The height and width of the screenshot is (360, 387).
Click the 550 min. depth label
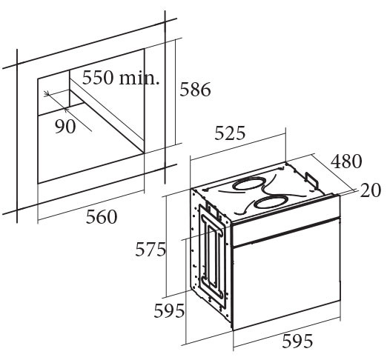[121, 78]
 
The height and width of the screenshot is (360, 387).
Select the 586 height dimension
[195, 89]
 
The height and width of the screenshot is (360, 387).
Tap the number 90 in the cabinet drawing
[65, 127]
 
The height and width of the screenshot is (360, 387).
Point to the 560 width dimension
[102, 217]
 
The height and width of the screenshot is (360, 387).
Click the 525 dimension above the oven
[230, 133]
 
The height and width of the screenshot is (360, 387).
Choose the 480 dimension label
[346, 161]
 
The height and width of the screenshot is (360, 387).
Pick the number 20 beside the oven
[371, 190]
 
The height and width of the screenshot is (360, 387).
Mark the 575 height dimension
[150, 250]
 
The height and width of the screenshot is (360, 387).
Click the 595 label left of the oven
[169, 310]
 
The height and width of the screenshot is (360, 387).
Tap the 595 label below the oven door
[297, 341]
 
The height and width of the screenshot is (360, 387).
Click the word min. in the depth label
[139, 79]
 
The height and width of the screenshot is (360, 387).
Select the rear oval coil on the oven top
[248, 183]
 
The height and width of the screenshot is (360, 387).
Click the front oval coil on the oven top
[270, 203]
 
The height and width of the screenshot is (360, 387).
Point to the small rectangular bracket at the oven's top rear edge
[312, 179]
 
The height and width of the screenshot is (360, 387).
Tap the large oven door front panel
[287, 274]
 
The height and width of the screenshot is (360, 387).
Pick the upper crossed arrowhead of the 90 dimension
[47, 93]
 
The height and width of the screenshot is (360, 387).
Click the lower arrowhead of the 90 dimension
[66, 109]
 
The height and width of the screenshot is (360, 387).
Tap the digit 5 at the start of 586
[185, 89]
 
